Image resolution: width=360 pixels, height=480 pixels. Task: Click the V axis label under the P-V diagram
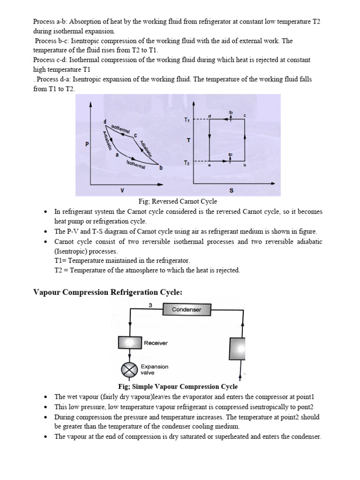tap(122, 190)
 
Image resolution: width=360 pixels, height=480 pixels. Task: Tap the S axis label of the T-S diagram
tap(231, 191)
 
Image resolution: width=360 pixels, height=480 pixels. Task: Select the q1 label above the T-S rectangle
tap(231, 112)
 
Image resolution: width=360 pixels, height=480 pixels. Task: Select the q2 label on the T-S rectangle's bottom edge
tap(231, 154)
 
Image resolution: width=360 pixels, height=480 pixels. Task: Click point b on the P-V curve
tap(161, 168)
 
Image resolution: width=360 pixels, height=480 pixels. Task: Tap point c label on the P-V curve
tap(135, 136)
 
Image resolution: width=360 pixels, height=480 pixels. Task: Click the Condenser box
tap(187, 309)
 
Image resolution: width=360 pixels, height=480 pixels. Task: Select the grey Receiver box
tap(129, 343)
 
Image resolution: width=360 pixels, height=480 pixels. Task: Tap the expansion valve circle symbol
tap(129, 370)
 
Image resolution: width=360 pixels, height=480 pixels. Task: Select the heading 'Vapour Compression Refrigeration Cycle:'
tap(108, 292)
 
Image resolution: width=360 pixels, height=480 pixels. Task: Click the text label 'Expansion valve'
tap(154, 369)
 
